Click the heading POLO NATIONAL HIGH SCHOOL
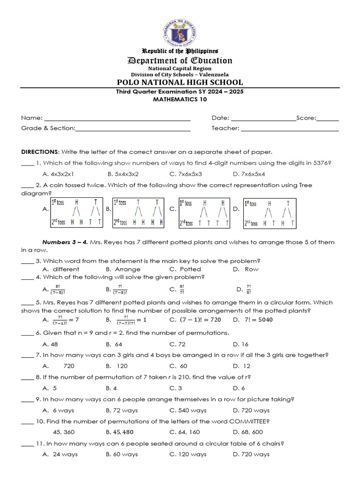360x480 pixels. point(180,82)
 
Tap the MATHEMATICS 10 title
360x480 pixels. point(180,99)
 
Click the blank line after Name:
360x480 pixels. point(117,118)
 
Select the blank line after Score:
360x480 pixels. point(328,118)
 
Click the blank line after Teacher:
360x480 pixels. point(290,128)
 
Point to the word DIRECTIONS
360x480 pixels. point(40,152)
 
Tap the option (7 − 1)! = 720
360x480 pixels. point(194,320)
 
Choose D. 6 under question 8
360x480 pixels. point(239,388)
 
